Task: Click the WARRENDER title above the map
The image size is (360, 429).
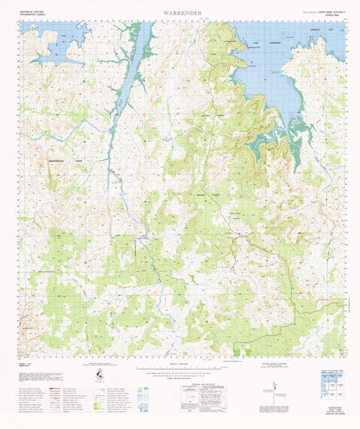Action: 179,12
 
